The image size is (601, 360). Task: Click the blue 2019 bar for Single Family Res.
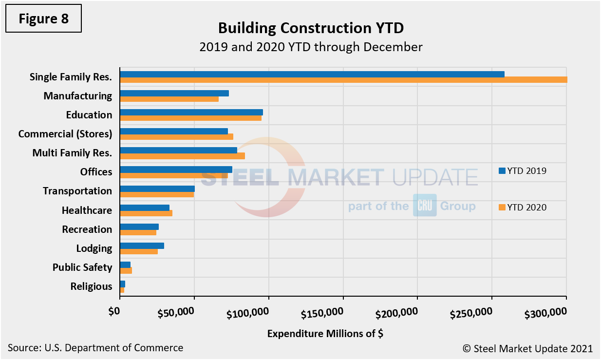pos(312,74)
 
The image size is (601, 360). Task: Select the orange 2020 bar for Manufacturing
pos(169,99)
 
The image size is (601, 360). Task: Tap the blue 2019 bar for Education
pos(191,112)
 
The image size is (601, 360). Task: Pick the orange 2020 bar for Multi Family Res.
pos(182,156)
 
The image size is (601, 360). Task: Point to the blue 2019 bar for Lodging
pos(142,246)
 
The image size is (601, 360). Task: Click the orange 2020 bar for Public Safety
pos(126,270)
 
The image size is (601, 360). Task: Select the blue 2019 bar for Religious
pos(122,284)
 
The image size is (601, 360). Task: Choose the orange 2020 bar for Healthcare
pos(146,213)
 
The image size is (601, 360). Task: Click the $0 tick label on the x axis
pos(114,311)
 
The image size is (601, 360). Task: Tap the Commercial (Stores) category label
pos(65,133)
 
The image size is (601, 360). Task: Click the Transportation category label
pos(77,191)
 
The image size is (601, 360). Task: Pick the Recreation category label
pos(87,229)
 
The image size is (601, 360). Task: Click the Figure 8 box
pos(43,19)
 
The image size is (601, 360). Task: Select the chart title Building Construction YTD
pos(311,28)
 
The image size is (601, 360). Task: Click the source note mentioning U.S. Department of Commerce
pos(95,348)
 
